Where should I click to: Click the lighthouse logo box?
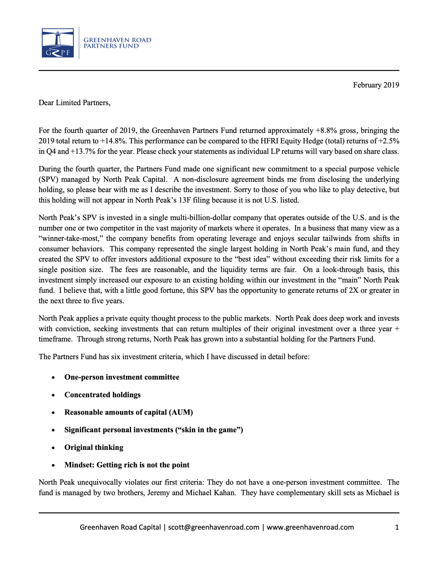58,43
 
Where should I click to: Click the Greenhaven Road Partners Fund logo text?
117,43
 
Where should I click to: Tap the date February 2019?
376,85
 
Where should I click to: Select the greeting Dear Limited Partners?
74,103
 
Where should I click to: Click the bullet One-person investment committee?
122,377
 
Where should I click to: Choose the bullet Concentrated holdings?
102,395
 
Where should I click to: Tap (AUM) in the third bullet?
181,412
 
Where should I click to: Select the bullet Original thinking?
94,447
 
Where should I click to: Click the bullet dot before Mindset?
53,465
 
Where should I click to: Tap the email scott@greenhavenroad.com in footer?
214,527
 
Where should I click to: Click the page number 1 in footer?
397,527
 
